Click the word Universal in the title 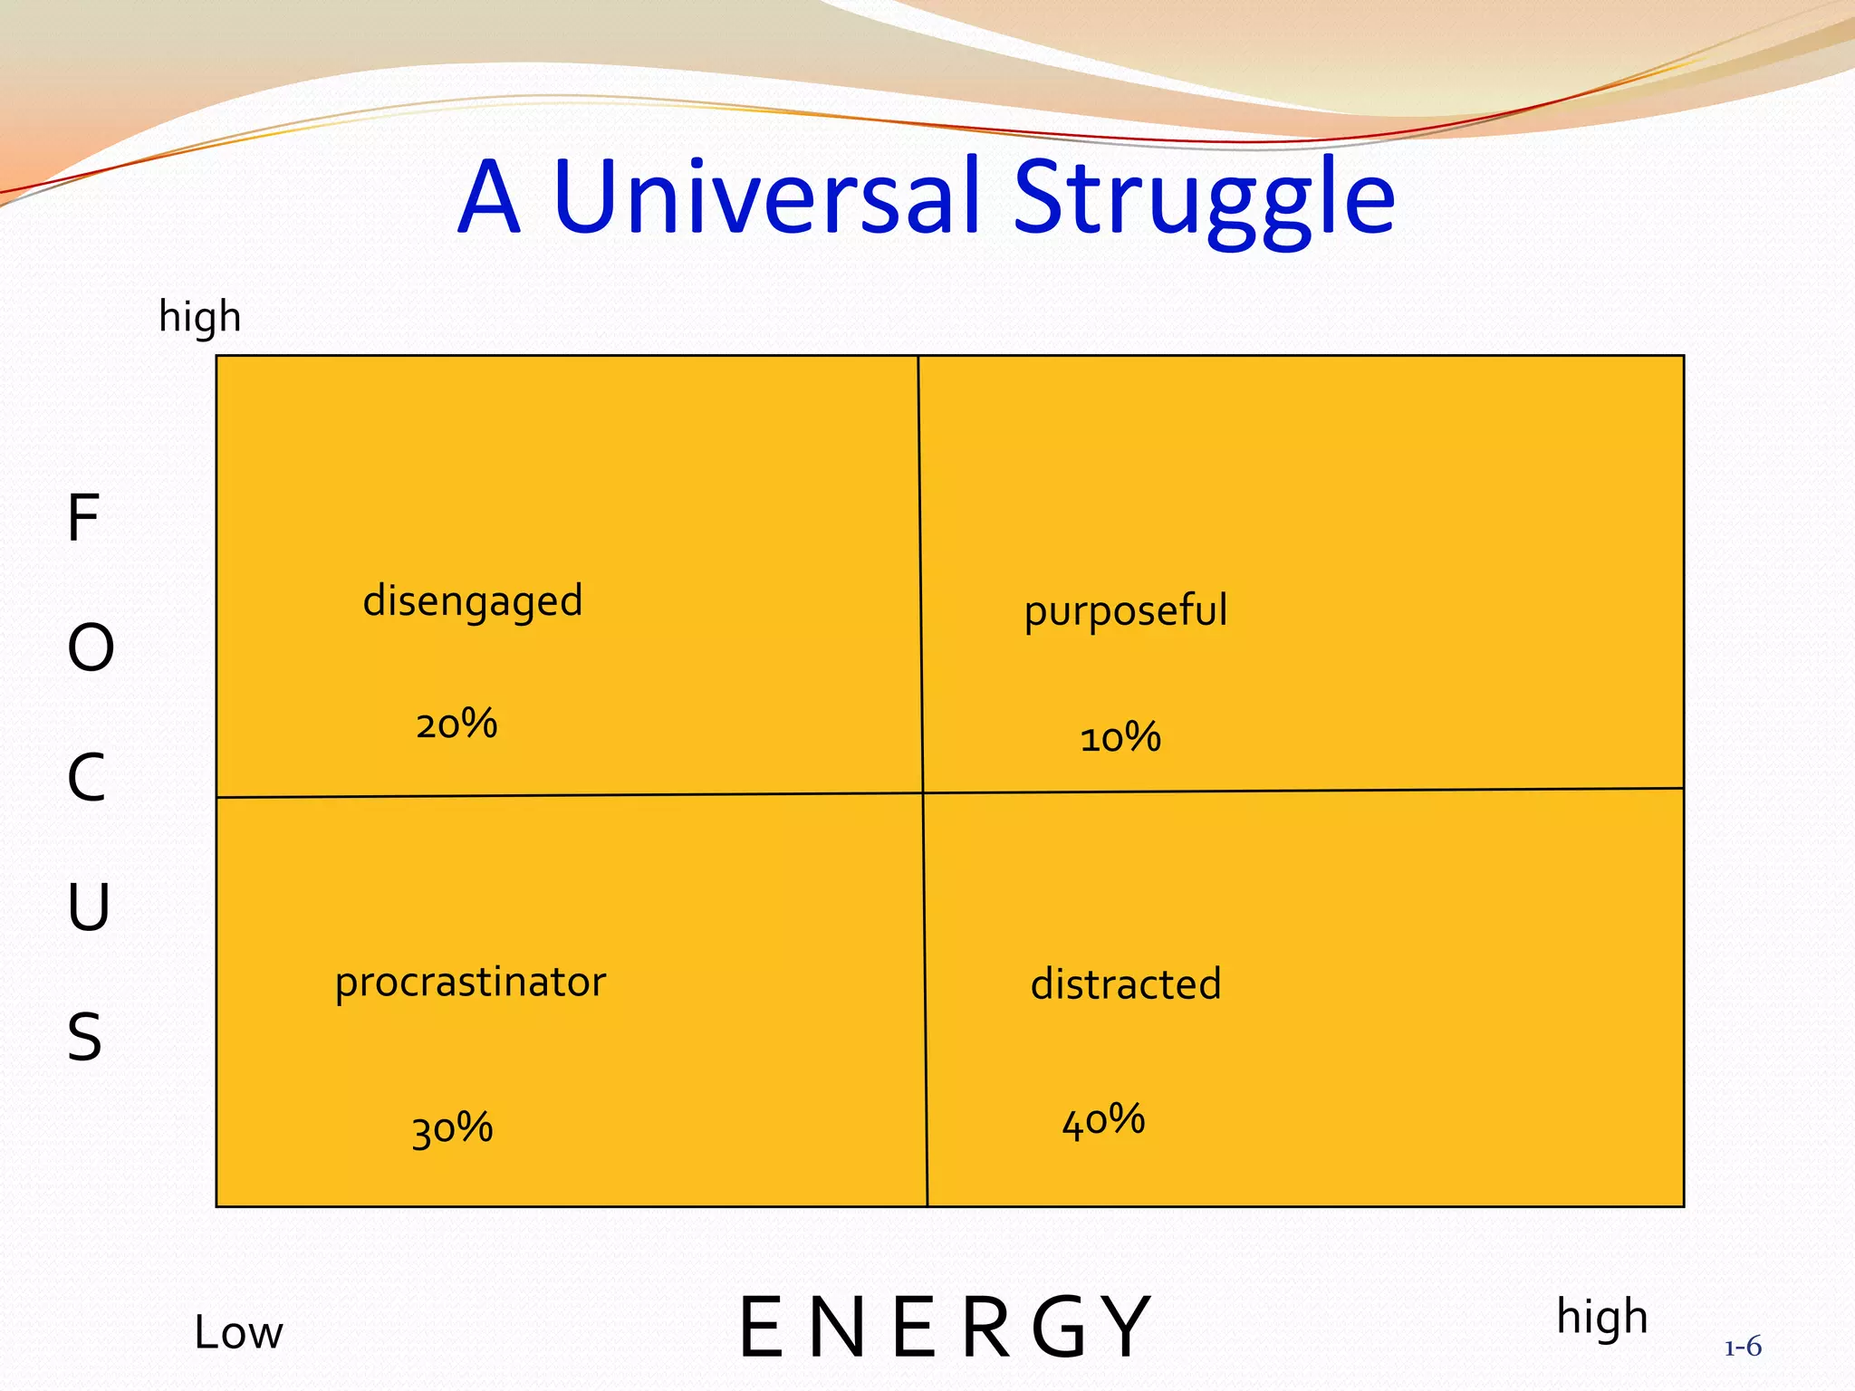click(766, 196)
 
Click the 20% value click(457, 724)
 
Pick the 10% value click(1120, 738)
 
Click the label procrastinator click(470, 983)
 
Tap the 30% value click(452, 1129)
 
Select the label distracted click(1126, 984)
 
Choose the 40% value click(1103, 1121)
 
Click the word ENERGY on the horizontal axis click(944, 1329)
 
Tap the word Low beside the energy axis click(238, 1333)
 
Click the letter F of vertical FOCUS click(83, 519)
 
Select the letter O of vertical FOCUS click(91, 648)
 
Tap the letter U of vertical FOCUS click(88, 907)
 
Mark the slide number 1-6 click(1743, 1348)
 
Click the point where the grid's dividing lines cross click(923, 793)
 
